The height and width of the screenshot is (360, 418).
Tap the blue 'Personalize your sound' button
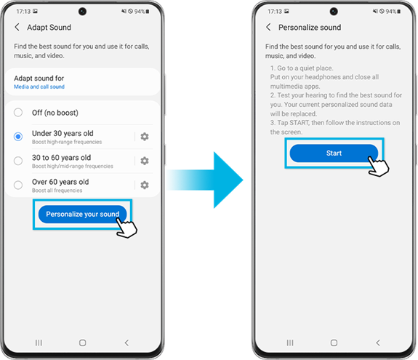click(x=82, y=214)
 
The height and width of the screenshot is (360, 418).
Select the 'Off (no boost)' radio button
click(x=18, y=112)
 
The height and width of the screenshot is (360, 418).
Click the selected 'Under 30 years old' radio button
click(x=18, y=137)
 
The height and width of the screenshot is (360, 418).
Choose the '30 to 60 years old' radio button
click(x=18, y=161)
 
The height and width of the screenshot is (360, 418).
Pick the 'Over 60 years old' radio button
click(x=18, y=185)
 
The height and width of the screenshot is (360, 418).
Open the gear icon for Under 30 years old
click(x=145, y=137)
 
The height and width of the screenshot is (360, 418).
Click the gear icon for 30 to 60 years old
click(x=145, y=161)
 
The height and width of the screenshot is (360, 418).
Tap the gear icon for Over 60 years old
click(x=145, y=185)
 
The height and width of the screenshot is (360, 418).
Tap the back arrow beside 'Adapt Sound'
click(x=17, y=27)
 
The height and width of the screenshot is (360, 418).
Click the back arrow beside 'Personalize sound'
click(x=268, y=27)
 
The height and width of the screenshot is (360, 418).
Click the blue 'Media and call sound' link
click(x=39, y=87)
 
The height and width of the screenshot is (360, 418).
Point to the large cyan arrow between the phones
click(x=205, y=180)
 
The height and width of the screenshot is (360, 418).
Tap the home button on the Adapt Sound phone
click(x=83, y=343)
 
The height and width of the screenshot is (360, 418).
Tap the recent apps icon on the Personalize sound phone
click(x=290, y=343)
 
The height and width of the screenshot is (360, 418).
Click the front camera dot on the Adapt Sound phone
click(x=82, y=12)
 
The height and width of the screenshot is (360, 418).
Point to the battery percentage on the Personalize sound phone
click(x=391, y=11)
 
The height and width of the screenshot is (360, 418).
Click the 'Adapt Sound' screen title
click(x=49, y=27)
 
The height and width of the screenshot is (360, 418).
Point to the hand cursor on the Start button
click(x=379, y=166)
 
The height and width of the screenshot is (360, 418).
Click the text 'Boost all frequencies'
click(x=57, y=191)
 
